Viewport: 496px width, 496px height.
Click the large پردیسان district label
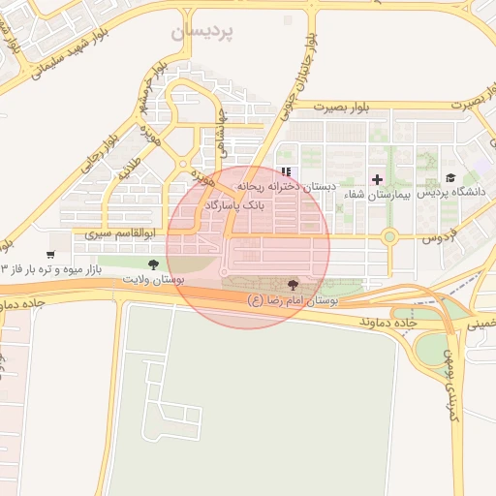[x=204, y=32]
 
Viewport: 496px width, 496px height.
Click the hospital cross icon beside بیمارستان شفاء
[x=377, y=179]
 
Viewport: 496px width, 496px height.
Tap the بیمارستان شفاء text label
[x=379, y=195]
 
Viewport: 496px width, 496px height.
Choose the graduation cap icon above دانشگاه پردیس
[x=449, y=178]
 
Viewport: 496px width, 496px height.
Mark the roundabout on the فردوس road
[x=389, y=236]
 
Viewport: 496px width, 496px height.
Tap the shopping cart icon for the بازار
[x=50, y=254]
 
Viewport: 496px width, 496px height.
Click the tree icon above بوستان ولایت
[x=152, y=263]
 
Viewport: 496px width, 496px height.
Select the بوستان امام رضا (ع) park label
[x=293, y=301]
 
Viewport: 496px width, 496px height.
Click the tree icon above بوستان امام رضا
[x=293, y=285]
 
